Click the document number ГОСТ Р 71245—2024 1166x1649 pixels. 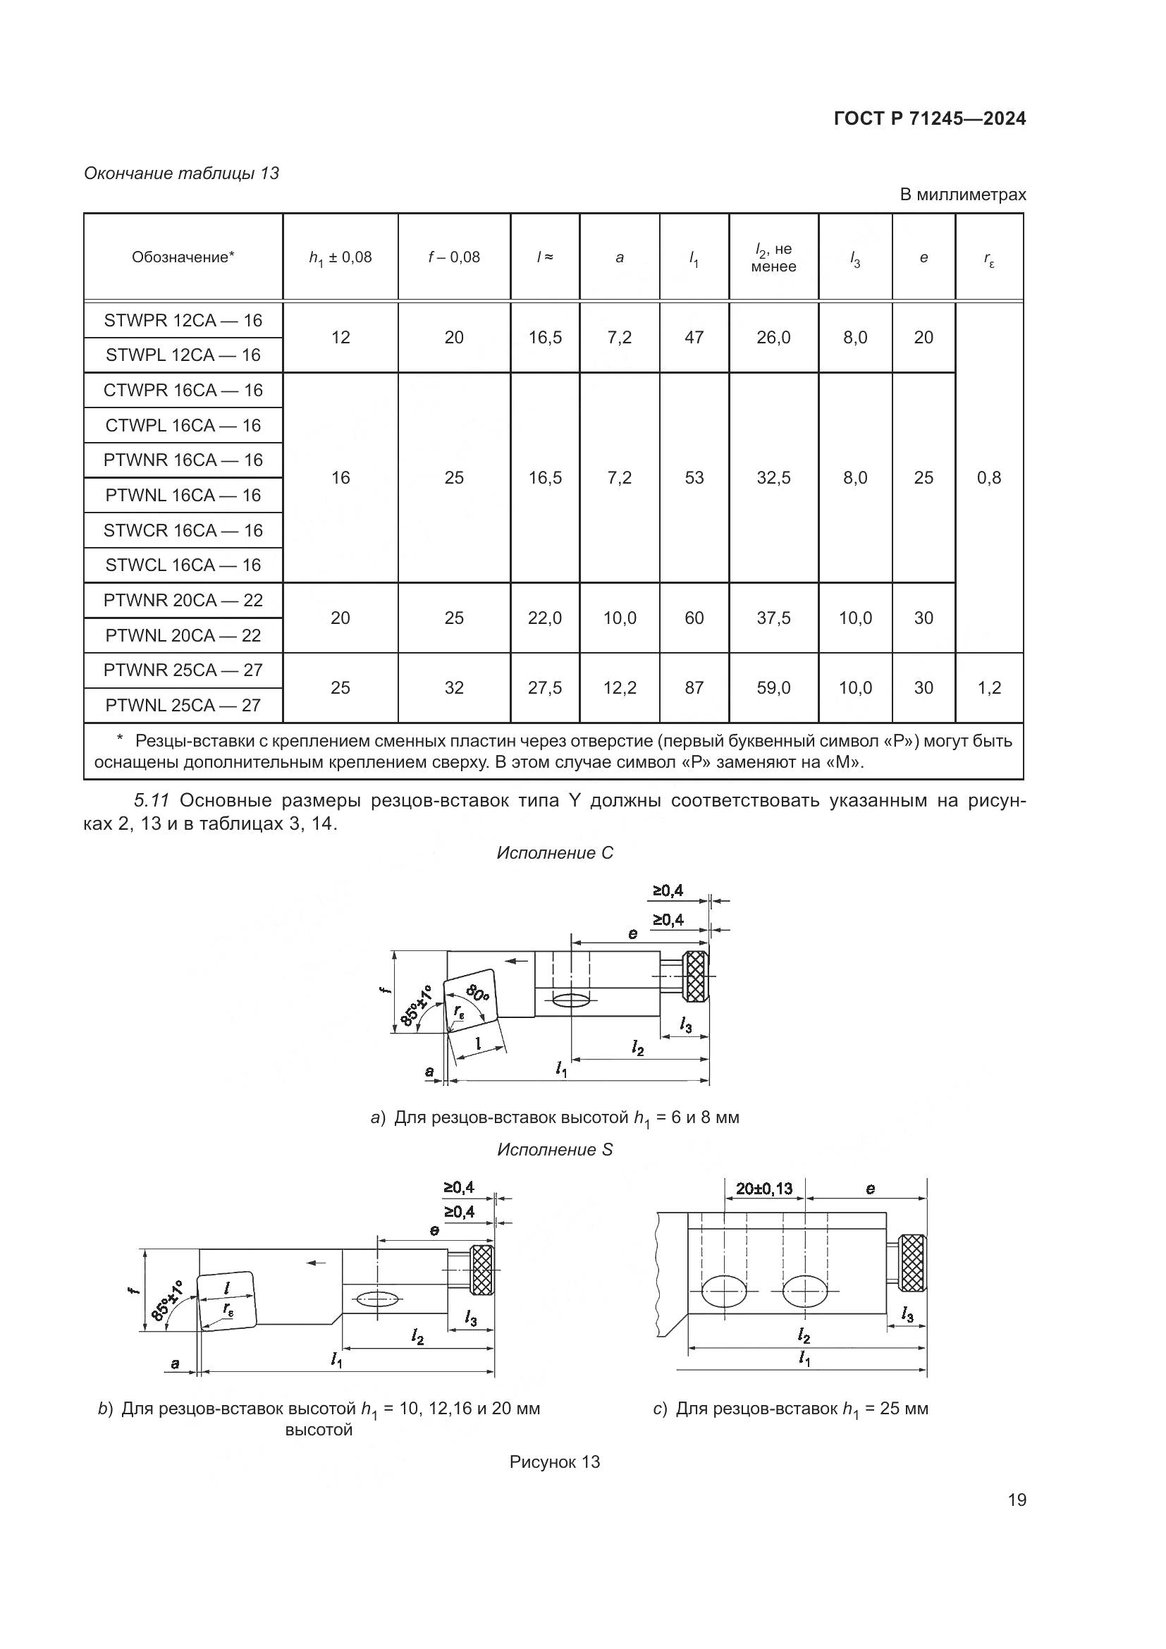point(930,119)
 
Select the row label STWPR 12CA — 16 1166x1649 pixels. point(183,320)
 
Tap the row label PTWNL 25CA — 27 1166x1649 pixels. point(183,705)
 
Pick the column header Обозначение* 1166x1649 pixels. point(183,257)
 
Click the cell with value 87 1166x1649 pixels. point(694,688)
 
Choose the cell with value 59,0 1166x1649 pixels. point(773,688)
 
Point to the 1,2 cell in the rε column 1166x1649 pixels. point(988,688)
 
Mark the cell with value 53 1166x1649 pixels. point(694,477)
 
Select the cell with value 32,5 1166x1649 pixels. point(773,477)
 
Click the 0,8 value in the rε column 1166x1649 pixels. point(988,477)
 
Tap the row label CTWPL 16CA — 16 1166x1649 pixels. point(183,425)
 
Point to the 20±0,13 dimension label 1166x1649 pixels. point(764,1189)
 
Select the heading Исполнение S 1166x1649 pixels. point(555,1150)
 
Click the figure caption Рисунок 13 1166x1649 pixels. point(554,1462)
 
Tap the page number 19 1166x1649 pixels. point(1017,1500)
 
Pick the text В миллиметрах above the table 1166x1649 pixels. point(963,195)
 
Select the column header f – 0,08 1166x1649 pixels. point(454,257)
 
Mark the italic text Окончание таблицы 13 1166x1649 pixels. point(182,174)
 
